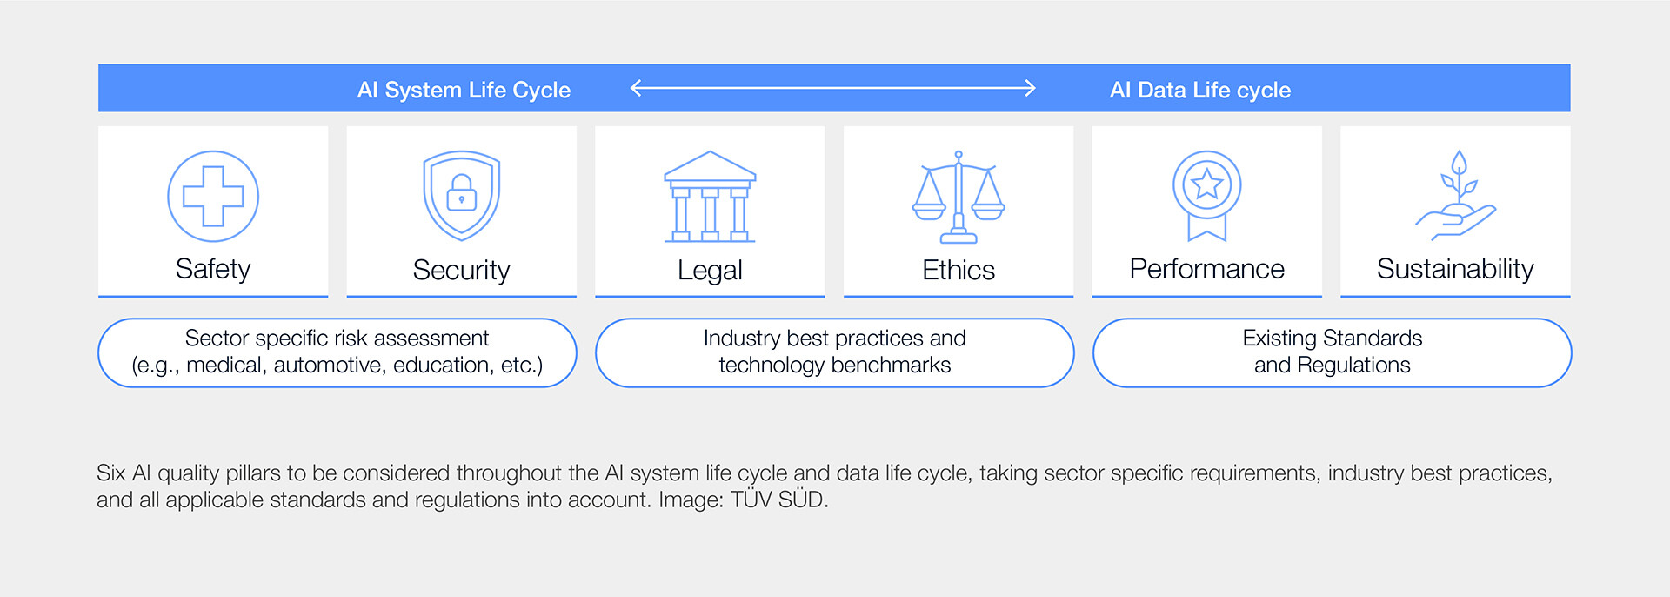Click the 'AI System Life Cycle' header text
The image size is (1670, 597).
464,90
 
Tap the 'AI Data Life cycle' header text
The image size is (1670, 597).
1200,90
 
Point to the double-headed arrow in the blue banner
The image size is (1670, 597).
832,88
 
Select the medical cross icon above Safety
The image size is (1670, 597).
213,196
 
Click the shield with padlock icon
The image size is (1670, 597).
461,196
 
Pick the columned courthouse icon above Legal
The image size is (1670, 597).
710,196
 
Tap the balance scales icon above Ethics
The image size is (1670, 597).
959,196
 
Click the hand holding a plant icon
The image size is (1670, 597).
1456,196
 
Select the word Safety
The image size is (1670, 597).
213,269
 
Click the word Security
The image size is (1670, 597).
461,270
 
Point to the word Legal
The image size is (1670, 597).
710,271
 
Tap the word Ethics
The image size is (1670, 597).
959,270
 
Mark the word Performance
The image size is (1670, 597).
1207,269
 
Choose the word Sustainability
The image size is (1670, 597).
1455,269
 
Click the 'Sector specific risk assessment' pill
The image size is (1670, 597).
337,352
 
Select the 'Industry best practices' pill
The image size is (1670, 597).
835,352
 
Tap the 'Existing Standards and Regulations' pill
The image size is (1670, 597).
1332,352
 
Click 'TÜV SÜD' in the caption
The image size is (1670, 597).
778,500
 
